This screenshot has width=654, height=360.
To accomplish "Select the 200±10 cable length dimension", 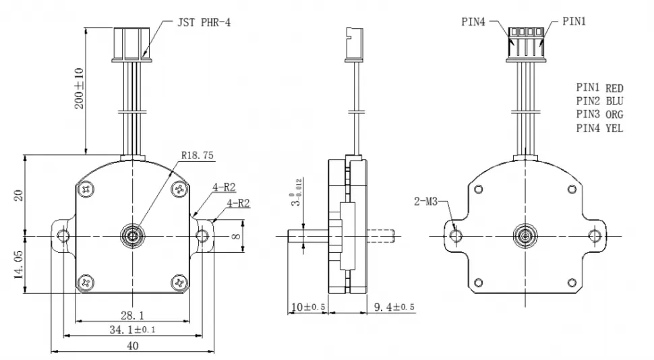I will [x=80, y=88].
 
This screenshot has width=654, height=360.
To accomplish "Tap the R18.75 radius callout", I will [x=197, y=155].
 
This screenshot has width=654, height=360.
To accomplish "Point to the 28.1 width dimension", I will [x=133, y=315].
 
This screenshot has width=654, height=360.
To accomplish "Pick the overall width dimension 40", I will [x=133, y=346].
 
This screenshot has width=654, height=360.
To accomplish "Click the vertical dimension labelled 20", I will [x=20, y=195].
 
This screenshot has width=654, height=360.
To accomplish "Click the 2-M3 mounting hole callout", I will [x=428, y=201].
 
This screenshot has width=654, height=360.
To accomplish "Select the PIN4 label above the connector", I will [x=473, y=22].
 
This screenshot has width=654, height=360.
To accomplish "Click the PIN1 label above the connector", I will [x=574, y=22].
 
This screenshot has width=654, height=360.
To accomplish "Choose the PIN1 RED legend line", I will [x=599, y=88].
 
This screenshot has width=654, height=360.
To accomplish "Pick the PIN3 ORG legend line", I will [x=599, y=115].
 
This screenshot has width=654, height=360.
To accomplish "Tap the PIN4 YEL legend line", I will [x=599, y=128].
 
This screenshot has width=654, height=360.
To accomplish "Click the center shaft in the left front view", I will [x=133, y=235].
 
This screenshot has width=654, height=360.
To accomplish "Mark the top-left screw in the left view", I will [x=86, y=191].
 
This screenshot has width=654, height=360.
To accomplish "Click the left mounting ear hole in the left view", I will [x=64, y=235].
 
